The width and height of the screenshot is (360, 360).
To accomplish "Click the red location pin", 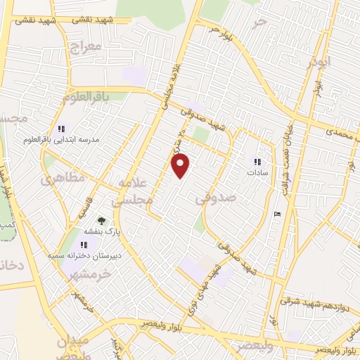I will [x=181, y=164].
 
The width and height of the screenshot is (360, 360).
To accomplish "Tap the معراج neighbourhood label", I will [x=86, y=48].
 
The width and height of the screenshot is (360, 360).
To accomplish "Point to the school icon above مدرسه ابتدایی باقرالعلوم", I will [x=61, y=129].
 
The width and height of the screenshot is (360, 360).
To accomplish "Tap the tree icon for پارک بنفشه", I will [x=101, y=221].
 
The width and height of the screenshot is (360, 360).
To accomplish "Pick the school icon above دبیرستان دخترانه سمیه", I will [x=84, y=245].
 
